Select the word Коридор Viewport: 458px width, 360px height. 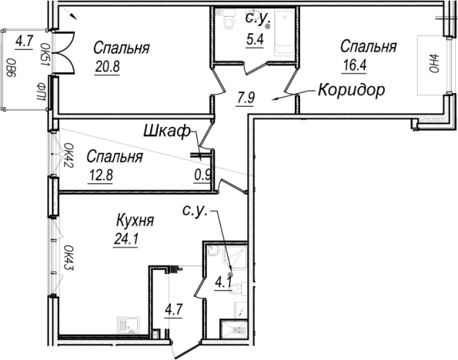tap(350, 90)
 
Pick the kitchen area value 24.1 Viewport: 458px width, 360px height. tap(125, 238)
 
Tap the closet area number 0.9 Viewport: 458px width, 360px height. tap(203, 175)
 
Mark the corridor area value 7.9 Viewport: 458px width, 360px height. tap(245, 98)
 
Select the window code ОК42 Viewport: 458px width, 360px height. tap(68, 155)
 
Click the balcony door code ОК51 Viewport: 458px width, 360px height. tap(45, 53)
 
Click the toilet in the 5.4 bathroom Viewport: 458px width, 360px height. tap(227, 25)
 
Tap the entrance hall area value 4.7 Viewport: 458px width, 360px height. tap(175, 312)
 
